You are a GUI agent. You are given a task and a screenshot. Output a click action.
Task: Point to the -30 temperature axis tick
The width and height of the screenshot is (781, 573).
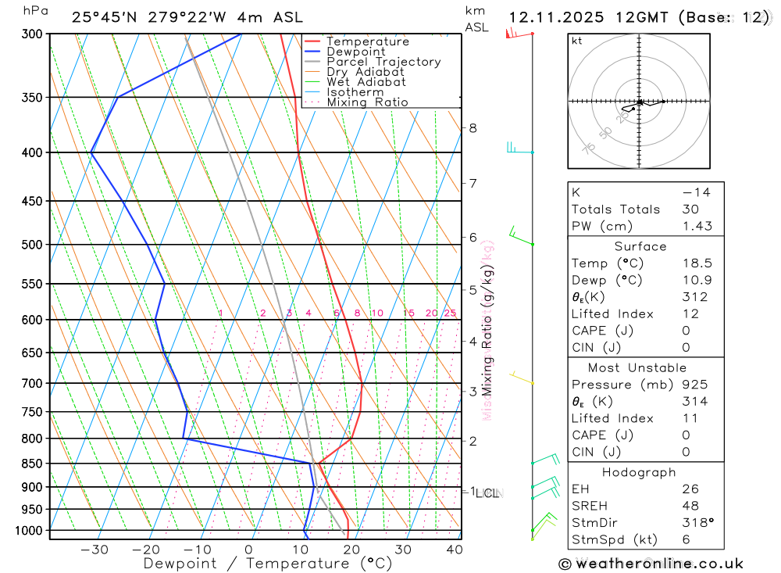[95, 550]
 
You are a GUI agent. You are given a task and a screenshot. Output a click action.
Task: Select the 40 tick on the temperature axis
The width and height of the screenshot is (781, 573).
[454, 550]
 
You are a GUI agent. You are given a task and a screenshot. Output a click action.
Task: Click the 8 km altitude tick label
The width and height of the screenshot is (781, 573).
[473, 128]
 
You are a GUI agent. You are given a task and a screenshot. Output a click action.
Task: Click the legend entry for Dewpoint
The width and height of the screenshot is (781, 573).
[355, 52]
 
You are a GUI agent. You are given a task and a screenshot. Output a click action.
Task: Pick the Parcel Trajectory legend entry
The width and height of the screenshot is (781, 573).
[383, 62]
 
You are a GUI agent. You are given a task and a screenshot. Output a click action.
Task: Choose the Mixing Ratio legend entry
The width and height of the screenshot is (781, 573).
[367, 102]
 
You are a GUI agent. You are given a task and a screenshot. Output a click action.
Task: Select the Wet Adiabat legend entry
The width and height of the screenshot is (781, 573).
[366, 82]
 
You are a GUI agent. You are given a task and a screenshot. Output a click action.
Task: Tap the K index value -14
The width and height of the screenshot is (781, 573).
[694, 192]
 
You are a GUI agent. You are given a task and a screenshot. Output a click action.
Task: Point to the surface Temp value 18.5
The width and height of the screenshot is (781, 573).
[695, 263]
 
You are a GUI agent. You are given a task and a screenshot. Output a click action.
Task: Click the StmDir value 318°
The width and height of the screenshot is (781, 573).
[694, 523]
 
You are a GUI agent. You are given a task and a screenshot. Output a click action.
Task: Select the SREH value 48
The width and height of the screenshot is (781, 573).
[690, 506]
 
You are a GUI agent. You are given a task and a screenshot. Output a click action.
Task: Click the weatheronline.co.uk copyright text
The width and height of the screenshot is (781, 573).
[651, 564]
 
